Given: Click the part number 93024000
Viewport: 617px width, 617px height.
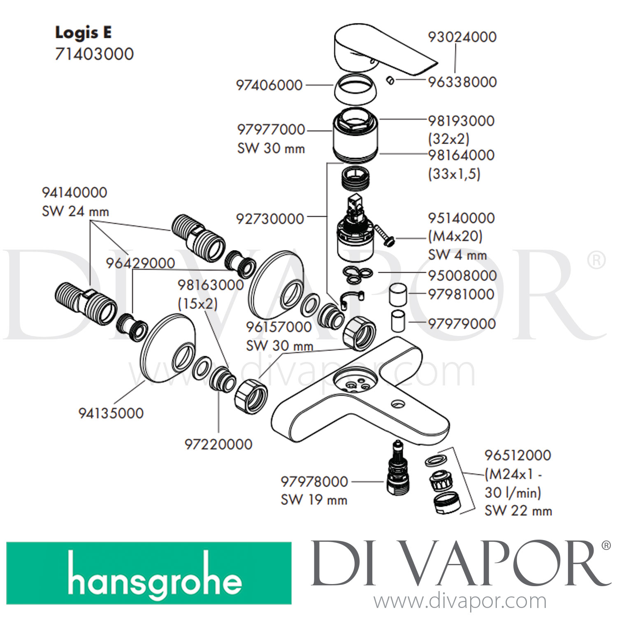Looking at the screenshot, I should pyautogui.click(x=462, y=37).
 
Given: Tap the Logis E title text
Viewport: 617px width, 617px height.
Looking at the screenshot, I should pyautogui.click(x=84, y=33).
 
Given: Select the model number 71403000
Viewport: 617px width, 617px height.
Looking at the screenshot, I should pyautogui.click(x=94, y=54).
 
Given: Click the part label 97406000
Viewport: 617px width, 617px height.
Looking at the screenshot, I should pyautogui.click(x=269, y=85).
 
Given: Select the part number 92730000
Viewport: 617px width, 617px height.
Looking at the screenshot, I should pyautogui.click(x=270, y=219).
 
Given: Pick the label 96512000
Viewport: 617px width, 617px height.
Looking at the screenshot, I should pyautogui.click(x=517, y=455).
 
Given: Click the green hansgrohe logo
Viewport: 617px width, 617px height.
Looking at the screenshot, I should pyautogui.click(x=149, y=573).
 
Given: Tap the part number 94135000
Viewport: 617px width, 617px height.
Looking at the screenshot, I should pyautogui.click(x=111, y=413).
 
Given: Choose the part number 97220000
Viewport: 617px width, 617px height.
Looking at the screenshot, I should pyautogui.click(x=218, y=444).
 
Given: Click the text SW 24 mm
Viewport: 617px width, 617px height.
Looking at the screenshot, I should pyautogui.click(x=75, y=211).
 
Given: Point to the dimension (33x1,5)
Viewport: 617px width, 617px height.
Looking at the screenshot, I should pyautogui.click(x=454, y=174).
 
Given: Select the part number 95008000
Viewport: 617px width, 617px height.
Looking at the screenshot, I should pyautogui.click(x=462, y=276).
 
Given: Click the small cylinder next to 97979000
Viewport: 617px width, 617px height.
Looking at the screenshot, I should pyautogui.click(x=398, y=321).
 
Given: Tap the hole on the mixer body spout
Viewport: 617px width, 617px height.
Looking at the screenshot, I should pyautogui.click(x=397, y=405).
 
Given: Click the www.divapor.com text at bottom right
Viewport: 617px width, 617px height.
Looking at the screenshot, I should pyautogui.click(x=460, y=601).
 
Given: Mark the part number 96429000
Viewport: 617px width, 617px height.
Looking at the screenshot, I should pyautogui.click(x=140, y=263).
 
